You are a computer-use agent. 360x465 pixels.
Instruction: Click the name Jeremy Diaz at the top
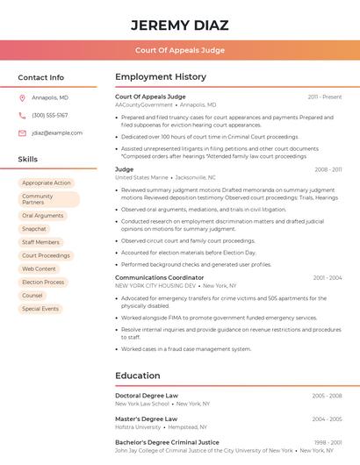[x=180, y=24]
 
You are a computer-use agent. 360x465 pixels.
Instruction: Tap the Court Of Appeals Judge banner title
[x=180, y=50]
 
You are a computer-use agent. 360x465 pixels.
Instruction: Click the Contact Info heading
[x=41, y=77]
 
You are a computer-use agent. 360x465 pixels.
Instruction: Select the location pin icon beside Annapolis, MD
[x=22, y=97]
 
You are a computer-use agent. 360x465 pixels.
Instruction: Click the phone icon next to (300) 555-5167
[x=22, y=115]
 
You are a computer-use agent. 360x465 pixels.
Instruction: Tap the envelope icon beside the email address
[x=22, y=132]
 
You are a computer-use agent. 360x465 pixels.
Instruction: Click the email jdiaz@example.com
[x=57, y=132]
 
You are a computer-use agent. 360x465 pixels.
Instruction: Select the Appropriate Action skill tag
[x=47, y=182]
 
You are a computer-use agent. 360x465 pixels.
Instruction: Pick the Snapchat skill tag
[x=34, y=228]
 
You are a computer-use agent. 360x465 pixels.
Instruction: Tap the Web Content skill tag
[x=39, y=268]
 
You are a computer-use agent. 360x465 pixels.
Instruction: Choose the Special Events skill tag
[x=40, y=309]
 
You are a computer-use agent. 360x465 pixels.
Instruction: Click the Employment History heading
[x=161, y=77]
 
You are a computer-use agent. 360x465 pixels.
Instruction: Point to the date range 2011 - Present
[x=325, y=97]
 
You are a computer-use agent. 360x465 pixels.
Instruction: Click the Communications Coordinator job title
[x=159, y=277]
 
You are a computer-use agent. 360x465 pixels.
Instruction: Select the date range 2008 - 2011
[x=326, y=169]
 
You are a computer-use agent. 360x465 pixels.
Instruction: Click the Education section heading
[x=138, y=376]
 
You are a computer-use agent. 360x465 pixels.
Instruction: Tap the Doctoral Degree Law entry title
[x=147, y=396]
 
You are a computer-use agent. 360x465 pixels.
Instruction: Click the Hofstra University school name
[x=136, y=426]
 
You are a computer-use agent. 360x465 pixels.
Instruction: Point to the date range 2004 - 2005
[x=327, y=419]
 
